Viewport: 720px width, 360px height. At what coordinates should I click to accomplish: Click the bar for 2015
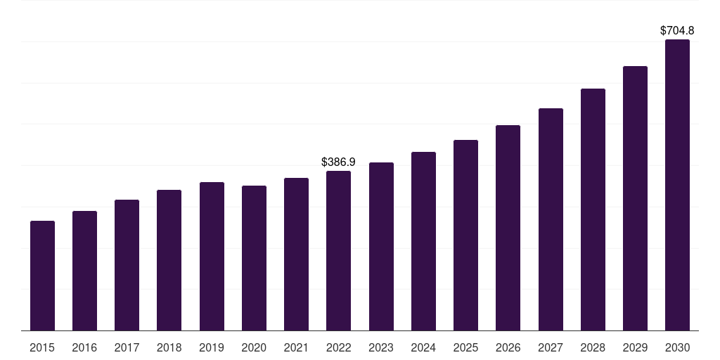point(42,276)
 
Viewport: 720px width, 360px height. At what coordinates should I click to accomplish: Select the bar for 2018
point(169,260)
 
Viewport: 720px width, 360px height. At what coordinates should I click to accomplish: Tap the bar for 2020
point(254,258)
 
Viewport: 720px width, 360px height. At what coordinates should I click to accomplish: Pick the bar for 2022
point(339,250)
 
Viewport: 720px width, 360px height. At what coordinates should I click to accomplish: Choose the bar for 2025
point(465,235)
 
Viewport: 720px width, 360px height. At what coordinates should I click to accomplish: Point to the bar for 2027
point(551,219)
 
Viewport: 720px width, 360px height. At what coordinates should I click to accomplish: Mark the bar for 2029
point(635,198)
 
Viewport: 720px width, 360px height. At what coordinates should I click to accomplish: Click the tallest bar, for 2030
point(677,185)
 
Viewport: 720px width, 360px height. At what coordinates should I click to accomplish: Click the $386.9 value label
point(338,162)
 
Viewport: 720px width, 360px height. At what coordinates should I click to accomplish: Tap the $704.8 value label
point(677,30)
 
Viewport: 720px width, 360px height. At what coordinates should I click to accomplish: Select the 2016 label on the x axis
point(84,347)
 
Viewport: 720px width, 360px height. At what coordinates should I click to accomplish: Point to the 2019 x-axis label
point(212,347)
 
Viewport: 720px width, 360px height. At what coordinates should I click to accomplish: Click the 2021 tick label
point(296,347)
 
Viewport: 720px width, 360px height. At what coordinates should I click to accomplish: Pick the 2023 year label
point(381,347)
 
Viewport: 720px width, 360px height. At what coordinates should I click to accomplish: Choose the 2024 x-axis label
point(423,347)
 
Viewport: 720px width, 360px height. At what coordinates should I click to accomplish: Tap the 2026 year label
point(508,347)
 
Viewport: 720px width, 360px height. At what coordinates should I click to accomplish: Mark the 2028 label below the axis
point(593,347)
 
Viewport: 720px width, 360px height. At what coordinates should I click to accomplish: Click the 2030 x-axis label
point(677,347)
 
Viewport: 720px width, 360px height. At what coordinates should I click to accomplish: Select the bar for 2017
point(127,265)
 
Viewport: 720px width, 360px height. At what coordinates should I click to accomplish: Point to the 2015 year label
point(42,347)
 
